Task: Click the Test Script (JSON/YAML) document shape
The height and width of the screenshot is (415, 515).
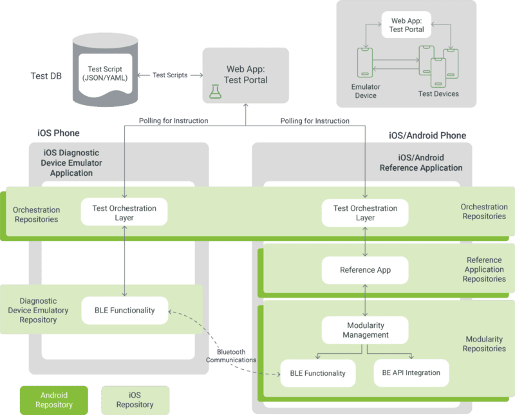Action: (x=105, y=75)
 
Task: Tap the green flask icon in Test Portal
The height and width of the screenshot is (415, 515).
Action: (x=215, y=92)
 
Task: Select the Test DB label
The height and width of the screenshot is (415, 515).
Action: (x=46, y=76)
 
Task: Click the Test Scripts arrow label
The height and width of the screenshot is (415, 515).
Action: (x=170, y=75)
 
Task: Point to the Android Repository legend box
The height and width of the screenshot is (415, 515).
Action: (x=54, y=400)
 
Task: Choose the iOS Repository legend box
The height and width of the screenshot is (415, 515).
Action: (x=135, y=400)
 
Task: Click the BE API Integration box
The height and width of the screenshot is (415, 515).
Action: (x=411, y=373)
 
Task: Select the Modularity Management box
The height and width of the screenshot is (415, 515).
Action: (x=365, y=330)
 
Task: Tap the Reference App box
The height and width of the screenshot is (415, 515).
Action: (x=365, y=270)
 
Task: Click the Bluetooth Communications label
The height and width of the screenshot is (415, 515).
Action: (x=231, y=356)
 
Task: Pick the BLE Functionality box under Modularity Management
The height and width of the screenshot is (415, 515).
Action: (x=318, y=373)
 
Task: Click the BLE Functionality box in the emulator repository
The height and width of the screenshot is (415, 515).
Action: (x=125, y=311)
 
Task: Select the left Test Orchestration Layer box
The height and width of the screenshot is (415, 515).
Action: (x=124, y=212)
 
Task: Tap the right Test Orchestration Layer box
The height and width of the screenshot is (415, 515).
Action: (x=365, y=213)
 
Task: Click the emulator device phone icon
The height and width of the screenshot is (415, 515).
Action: (x=365, y=63)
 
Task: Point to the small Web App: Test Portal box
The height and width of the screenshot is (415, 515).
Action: (x=406, y=24)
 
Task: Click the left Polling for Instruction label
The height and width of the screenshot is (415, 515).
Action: (x=173, y=121)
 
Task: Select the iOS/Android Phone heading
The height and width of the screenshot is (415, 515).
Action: (x=427, y=135)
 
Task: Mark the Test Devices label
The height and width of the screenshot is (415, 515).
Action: (x=438, y=93)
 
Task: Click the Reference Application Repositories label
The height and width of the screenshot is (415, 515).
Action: (x=484, y=269)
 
